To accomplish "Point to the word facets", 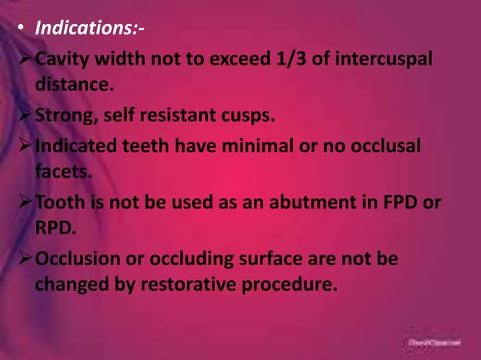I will coord(63,172).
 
